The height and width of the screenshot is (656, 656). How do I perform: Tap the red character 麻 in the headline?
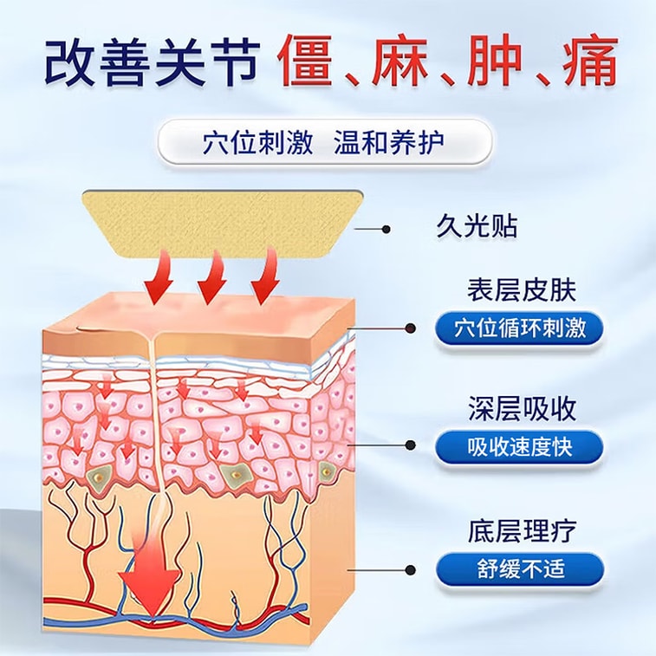(x=399, y=62)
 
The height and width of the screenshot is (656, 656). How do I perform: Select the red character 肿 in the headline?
(x=493, y=62)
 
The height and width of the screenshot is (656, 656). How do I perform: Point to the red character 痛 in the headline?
(x=589, y=62)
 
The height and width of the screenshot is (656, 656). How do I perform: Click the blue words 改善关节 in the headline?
(x=151, y=62)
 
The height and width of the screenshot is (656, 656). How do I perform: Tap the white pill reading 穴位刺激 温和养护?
(x=324, y=142)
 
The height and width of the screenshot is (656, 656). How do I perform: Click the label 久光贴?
(x=477, y=227)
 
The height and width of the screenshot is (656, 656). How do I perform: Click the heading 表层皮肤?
(x=522, y=290)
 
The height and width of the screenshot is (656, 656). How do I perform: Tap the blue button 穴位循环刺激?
(x=520, y=328)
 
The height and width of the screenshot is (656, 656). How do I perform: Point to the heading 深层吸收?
(x=523, y=409)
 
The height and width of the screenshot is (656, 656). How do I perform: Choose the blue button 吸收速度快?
(x=520, y=447)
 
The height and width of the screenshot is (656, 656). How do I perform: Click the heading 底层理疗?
(x=523, y=531)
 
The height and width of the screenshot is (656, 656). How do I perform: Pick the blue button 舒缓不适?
(x=520, y=569)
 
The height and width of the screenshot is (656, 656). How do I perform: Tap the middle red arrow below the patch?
(x=213, y=278)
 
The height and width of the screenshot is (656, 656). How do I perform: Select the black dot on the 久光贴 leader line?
(x=386, y=230)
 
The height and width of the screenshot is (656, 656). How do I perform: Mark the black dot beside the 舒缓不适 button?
(x=411, y=569)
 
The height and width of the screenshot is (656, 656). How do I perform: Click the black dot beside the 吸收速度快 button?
(x=411, y=445)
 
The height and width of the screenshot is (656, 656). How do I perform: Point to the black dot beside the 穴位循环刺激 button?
(x=412, y=328)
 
